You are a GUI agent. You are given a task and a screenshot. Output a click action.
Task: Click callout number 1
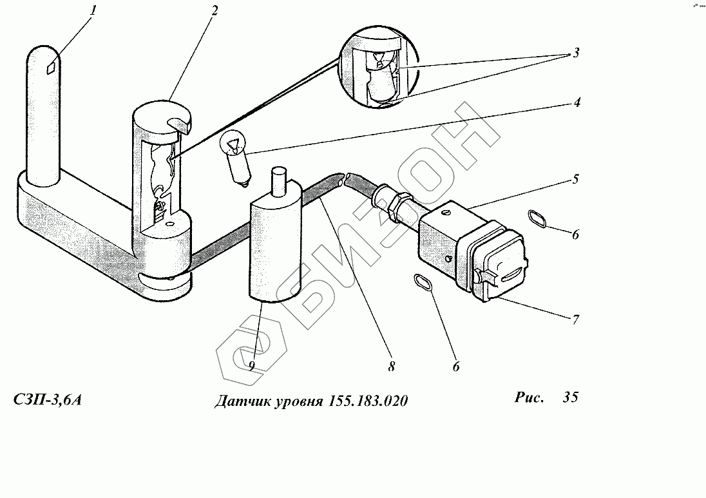pos(93,11)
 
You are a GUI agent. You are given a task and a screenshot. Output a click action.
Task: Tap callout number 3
pos(575,53)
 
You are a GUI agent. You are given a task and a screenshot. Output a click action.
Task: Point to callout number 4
pos(578,101)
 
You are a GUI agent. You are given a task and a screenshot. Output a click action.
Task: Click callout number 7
pos(575,318)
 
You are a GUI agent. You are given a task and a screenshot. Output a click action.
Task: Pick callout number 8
pos(391,367)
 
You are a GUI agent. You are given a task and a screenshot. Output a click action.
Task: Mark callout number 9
pos(252,365)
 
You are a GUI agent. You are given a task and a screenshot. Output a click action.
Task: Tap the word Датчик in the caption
pos(240,401)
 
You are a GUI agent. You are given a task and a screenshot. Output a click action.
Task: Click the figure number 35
pos(570,397)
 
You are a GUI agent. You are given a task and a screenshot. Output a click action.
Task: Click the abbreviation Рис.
pos(529,397)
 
